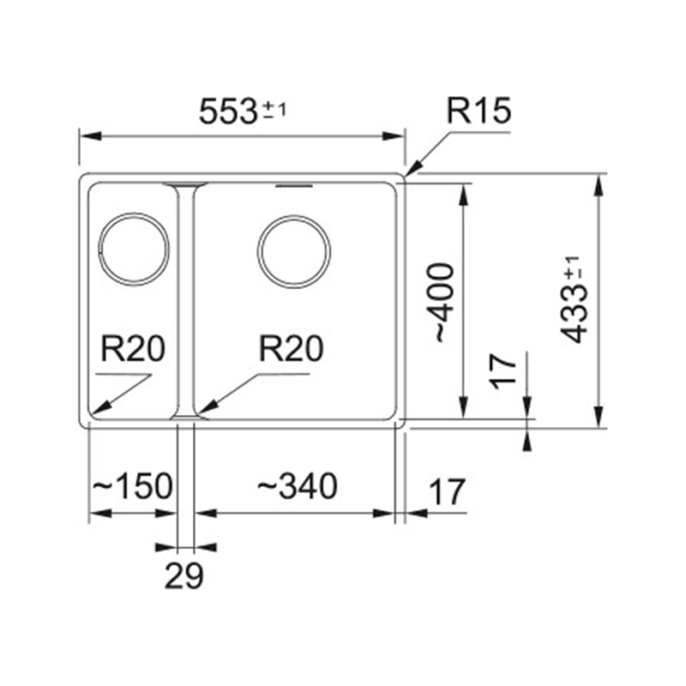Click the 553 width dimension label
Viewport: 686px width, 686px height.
point(227,111)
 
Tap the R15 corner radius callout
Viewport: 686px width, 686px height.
point(478,111)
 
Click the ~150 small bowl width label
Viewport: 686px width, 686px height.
point(133,485)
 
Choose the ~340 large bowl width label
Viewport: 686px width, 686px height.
point(297,485)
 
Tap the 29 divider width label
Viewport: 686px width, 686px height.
point(184,575)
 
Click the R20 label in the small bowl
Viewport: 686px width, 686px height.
point(133,349)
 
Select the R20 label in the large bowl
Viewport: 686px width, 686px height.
point(292,349)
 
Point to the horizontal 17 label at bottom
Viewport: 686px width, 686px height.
point(447,492)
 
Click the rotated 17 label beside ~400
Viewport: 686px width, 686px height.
point(503,371)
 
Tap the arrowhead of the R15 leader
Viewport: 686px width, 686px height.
point(413,170)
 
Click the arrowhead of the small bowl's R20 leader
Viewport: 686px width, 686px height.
point(99,407)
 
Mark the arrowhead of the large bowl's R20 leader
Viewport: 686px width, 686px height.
point(206,407)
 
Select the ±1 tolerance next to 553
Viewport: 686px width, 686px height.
point(274,110)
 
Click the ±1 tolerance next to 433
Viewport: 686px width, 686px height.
point(573,268)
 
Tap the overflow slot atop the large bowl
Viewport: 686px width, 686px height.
point(293,186)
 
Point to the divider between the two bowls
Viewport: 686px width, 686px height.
point(185,301)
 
